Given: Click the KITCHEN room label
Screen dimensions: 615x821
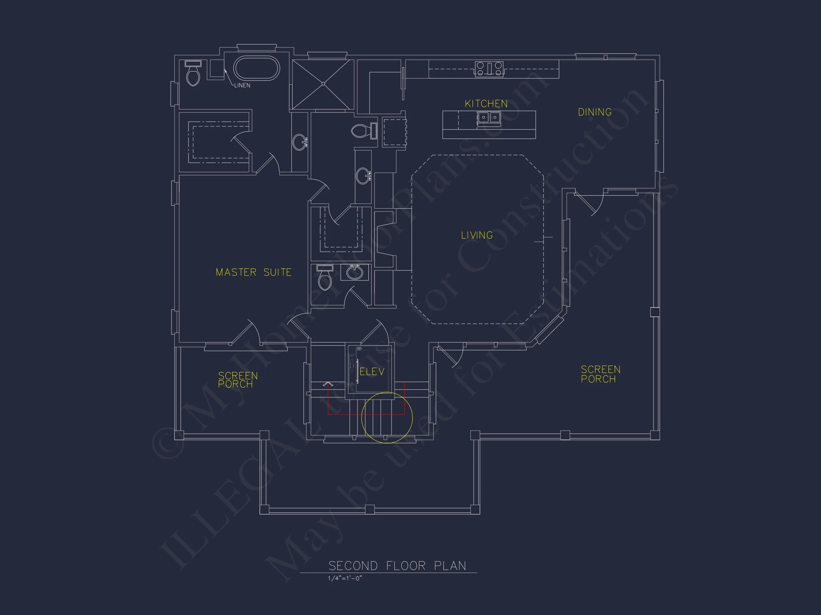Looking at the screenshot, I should [486, 104].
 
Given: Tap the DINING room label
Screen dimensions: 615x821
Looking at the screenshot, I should [595, 112].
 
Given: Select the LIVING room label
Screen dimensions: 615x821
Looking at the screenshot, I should [477, 235].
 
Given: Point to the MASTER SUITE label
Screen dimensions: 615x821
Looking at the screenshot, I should [253, 272].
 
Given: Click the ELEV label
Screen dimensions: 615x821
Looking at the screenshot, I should [372, 372].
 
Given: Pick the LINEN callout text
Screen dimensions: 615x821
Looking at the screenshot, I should [242, 85].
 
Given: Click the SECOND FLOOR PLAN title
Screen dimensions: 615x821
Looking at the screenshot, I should [397, 566].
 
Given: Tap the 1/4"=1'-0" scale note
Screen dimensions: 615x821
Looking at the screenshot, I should [345, 578].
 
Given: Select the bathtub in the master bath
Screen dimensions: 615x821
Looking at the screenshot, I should [256, 68].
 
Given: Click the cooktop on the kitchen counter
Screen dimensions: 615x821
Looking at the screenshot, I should [489, 69].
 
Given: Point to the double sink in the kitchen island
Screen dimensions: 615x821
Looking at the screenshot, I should [489, 117].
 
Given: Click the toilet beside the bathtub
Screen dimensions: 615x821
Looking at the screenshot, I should [193, 74].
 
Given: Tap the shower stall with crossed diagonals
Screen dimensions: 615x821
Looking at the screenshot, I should [323, 84].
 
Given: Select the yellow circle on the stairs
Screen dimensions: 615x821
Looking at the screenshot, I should [387, 417].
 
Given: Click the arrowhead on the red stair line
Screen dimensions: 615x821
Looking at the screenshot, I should [328, 384].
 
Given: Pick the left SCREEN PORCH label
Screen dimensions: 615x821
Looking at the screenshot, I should [238, 380].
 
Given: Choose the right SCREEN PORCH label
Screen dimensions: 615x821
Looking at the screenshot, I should [600, 374].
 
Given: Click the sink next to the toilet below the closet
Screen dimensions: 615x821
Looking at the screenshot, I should [355, 273].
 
